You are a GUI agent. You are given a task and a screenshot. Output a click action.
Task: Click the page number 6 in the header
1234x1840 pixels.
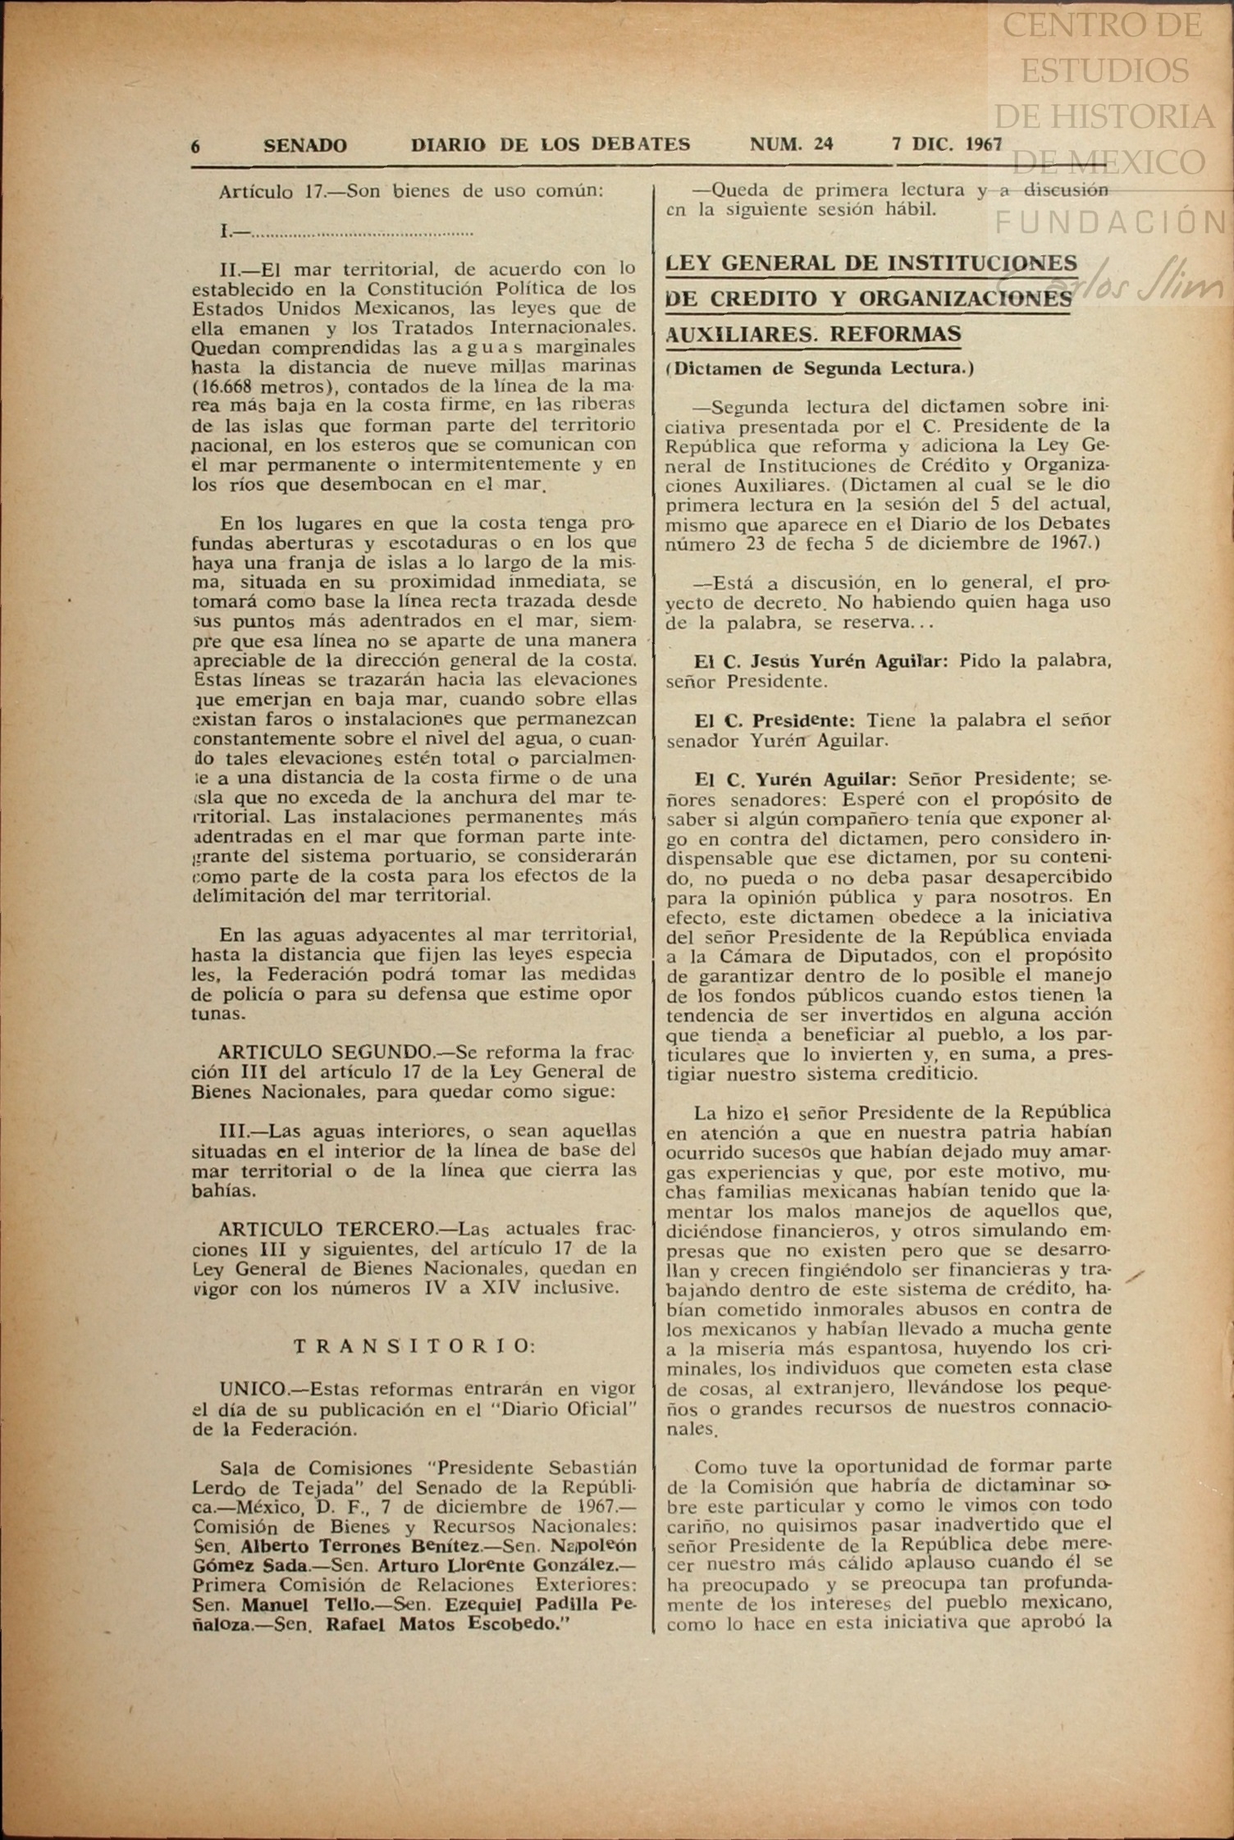[195, 146]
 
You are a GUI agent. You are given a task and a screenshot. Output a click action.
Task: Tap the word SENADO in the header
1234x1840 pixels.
[304, 145]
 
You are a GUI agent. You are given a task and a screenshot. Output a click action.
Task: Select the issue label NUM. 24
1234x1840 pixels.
[791, 144]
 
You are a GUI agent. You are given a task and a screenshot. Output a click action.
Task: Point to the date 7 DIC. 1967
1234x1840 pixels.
[947, 144]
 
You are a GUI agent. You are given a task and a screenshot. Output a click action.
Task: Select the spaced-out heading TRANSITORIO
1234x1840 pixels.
[415, 1346]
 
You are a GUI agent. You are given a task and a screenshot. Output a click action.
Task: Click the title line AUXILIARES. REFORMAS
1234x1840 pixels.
[812, 334]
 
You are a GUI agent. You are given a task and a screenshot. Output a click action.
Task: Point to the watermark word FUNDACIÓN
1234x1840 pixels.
[1111, 221]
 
